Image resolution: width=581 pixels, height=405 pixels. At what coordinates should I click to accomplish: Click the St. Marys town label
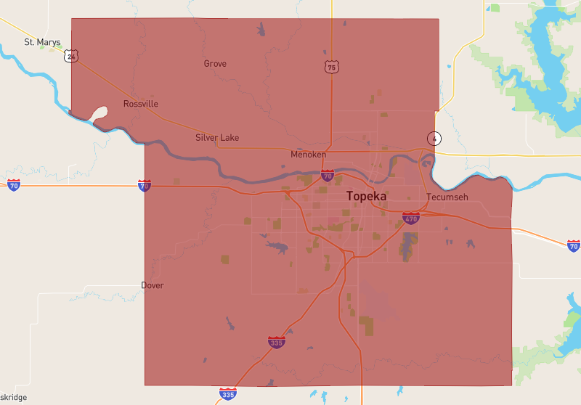pos(42,42)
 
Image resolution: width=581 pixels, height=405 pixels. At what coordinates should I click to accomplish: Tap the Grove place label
pos(215,64)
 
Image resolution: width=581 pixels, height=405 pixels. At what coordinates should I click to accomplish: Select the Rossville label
pos(141,104)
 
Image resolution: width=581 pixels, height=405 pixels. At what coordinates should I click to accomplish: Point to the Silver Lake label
pos(217,138)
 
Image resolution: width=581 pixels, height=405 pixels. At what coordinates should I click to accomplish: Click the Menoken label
pos(308,155)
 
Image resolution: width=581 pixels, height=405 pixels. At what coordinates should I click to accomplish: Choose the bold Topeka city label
pos(367,196)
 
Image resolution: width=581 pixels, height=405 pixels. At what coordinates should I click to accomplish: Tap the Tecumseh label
pos(447,197)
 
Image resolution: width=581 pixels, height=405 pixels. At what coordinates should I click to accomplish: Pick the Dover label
pos(153,285)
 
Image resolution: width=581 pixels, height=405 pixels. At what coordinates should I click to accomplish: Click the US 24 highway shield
pos(70,56)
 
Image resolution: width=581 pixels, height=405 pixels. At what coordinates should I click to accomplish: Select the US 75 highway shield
pos(331,67)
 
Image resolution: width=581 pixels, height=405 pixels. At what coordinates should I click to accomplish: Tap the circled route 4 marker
pos(434,138)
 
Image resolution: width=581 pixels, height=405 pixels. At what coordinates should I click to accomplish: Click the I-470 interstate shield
pos(411,218)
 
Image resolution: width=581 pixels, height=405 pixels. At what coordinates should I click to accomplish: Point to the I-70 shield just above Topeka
pos(328,175)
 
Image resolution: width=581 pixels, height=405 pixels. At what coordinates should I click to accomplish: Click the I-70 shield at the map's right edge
pos(573,246)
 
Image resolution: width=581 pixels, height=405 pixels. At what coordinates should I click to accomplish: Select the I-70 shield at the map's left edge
pos(14,185)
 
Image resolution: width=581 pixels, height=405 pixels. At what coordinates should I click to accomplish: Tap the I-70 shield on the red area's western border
pos(145,186)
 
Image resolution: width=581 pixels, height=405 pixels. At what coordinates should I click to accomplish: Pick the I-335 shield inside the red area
pos(276,342)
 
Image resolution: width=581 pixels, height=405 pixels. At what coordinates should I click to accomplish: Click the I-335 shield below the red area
pos(228,394)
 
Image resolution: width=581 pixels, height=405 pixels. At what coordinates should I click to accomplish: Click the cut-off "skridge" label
pos(14,398)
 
